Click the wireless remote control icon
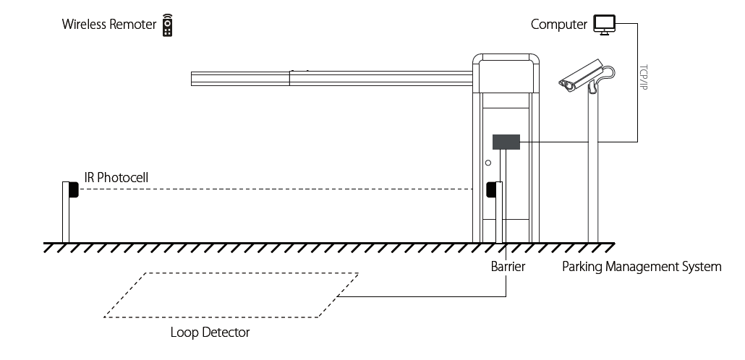coord(168,25)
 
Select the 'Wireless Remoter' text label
coord(109,25)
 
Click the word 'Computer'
coord(559,25)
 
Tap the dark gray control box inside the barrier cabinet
coord(506,142)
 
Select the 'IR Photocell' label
coord(117,177)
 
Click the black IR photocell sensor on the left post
coord(73,189)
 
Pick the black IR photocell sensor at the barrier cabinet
coord(491,189)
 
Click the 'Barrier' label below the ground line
coord(508,267)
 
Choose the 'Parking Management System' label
coord(642,267)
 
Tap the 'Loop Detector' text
coord(210,333)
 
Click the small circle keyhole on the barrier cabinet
coord(488,163)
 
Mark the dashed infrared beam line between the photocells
coord(275,189)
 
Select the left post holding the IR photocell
coord(66,217)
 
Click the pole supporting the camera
coord(593,173)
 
